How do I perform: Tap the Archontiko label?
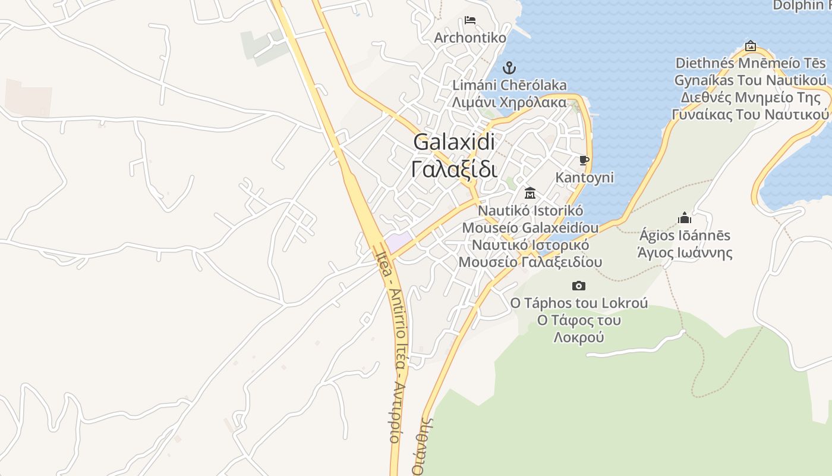[x=470, y=38]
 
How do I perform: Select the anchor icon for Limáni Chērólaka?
[x=509, y=67]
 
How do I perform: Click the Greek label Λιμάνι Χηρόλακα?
[x=509, y=102]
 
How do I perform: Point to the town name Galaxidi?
[x=454, y=142]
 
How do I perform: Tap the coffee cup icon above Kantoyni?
[x=584, y=160]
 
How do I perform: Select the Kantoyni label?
[x=584, y=177]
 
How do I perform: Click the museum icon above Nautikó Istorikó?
[x=530, y=193]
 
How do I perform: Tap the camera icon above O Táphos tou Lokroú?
[x=578, y=286]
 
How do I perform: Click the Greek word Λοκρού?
[x=579, y=337]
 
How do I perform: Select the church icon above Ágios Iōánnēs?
[x=685, y=218]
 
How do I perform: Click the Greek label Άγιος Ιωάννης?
[x=685, y=252]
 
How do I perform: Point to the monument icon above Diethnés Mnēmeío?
[x=751, y=46]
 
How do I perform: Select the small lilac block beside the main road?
[x=398, y=242]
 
